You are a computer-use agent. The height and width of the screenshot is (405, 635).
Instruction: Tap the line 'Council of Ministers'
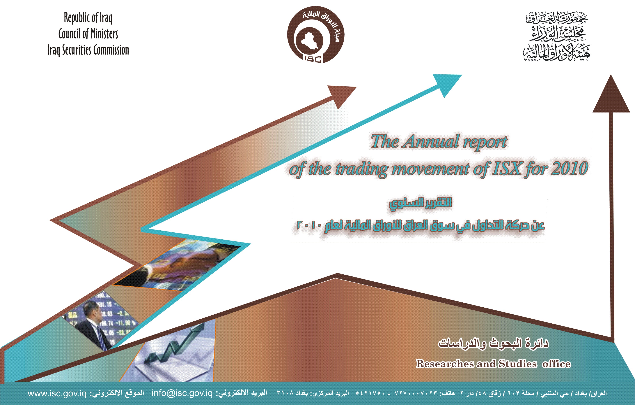point(88,34)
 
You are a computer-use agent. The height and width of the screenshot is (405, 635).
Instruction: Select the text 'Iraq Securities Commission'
point(88,50)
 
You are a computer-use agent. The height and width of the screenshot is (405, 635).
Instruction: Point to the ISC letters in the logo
point(313,59)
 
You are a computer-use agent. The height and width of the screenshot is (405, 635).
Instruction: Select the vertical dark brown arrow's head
point(611,94)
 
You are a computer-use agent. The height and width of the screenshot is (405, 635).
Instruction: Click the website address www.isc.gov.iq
point(57,394)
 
